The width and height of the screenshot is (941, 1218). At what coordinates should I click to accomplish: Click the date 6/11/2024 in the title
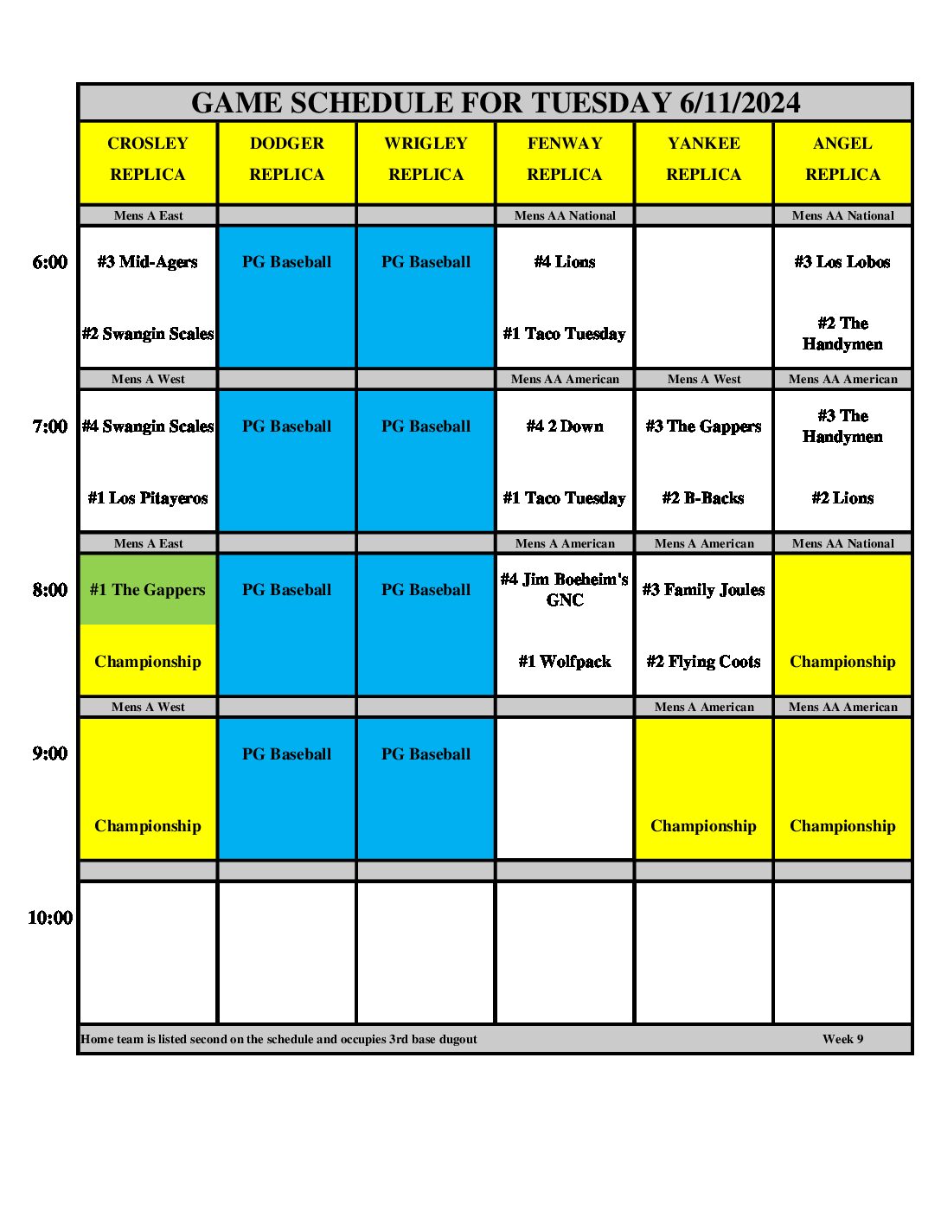(739, 103)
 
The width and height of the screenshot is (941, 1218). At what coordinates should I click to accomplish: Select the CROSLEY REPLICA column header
(148, 159)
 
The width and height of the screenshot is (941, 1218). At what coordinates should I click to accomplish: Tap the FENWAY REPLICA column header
(565, 159)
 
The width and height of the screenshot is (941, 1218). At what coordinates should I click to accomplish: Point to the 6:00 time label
(50, 262)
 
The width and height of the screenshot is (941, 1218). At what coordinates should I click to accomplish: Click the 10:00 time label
(50, 918)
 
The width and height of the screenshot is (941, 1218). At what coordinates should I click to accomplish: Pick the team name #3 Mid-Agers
(148, 262)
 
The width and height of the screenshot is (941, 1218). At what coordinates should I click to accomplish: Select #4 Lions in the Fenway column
(565, 262)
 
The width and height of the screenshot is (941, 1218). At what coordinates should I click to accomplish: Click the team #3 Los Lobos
(842, 262)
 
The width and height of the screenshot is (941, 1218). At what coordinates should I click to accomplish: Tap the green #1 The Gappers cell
(148, 590)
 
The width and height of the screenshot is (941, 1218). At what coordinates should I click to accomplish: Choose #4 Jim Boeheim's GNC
(565, 590)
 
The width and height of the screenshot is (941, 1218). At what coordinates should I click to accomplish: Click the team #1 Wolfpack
(565, 662)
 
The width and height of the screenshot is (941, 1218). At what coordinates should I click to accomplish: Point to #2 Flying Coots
(704, 662)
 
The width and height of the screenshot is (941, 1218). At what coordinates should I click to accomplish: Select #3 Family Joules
(704, 590)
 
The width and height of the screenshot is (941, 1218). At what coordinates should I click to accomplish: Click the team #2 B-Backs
(704, 498)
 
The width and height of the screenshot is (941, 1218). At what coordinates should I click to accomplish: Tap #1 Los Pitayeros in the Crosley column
(148, 498)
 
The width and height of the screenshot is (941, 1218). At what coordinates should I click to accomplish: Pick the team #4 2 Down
(565, 426)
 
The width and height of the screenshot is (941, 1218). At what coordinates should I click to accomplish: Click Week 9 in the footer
(842, 1039)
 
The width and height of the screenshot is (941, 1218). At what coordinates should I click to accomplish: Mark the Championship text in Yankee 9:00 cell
(704, 826)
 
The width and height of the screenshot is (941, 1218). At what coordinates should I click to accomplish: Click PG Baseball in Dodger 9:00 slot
(287, 754)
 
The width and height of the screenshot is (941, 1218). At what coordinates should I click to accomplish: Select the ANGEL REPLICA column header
(842, 159)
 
